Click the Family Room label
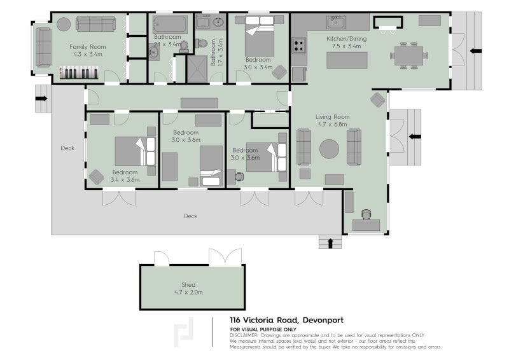tap(88, 47)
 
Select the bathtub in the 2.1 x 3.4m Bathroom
tap(170, 25)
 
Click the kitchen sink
tap(337, 23)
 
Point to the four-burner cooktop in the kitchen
tap(298, 46)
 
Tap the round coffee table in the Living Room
tap(330, 149)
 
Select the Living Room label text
tap(333, 116)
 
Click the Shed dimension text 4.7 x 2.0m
tap(188, 292)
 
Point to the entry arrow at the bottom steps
tap(330, 242)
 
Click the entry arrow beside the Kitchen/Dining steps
tap(475, 51)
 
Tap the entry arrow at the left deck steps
tap(41, 99)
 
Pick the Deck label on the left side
tap(67, 148)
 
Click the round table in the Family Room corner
tap(64, 24)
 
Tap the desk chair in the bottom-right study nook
tap(366, 214)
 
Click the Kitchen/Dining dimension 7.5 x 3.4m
tap(344, 46)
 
